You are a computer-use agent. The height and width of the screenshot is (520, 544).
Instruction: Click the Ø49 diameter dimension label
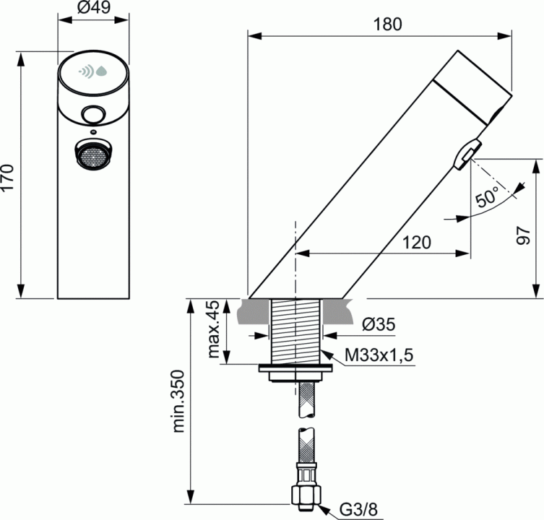coord(93,8)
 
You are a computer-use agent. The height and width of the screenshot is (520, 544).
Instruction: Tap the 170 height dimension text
coord(7,177)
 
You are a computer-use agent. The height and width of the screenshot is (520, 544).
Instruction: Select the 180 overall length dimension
coord(387,25)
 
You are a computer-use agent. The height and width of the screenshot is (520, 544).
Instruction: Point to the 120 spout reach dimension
coord(417,242)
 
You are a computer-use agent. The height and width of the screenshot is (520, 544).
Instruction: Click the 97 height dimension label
coord(524,236)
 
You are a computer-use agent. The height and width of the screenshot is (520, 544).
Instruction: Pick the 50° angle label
coord(487,196)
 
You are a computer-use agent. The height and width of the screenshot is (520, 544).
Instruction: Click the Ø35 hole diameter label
coord(379,324)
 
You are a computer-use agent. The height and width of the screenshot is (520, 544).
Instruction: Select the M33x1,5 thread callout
coord(379,355)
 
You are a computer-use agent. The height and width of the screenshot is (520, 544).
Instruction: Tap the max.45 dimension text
coord(214,329)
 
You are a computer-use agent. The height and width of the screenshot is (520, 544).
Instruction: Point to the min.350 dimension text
coord(179,402)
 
